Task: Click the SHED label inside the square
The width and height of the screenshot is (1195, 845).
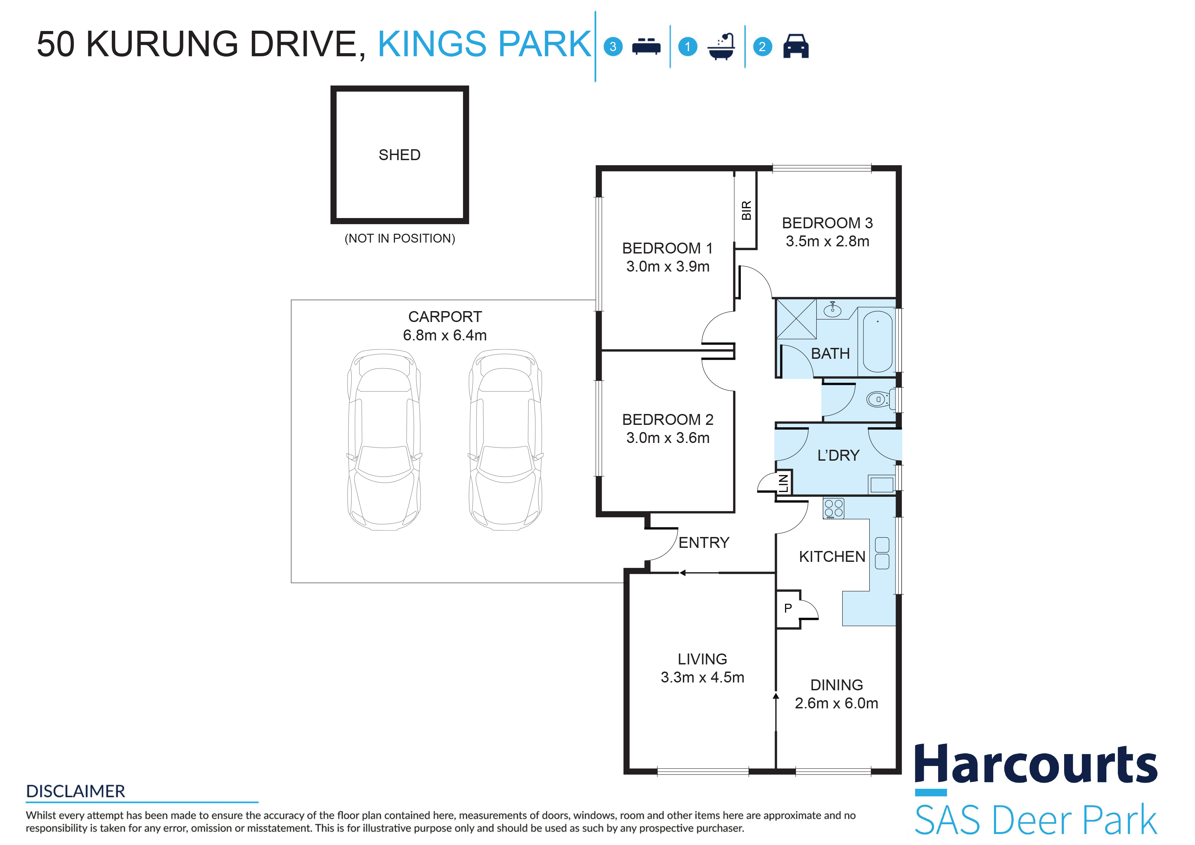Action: point(399,155)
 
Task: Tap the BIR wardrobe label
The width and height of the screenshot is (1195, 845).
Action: point(746,210)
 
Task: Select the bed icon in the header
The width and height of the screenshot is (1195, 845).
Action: point(646,46)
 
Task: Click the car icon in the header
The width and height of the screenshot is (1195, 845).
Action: point(795,46)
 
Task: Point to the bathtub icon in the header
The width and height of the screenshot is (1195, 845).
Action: point(721,46)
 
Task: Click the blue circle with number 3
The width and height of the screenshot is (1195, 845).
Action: point(613,47)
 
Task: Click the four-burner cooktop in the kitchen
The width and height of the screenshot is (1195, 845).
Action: point(833,508)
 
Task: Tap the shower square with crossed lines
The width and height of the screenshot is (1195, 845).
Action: point(796,319)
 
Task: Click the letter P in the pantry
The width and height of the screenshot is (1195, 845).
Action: point(788,608)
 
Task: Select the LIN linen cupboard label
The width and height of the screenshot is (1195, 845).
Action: point(783,482)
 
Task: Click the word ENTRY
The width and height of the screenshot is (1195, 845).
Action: point(704,543)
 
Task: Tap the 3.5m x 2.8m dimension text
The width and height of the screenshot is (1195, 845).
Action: point(828,241)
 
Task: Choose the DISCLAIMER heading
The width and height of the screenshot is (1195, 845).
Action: point(75,791)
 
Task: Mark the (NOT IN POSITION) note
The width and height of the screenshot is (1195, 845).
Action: point(400,238)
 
